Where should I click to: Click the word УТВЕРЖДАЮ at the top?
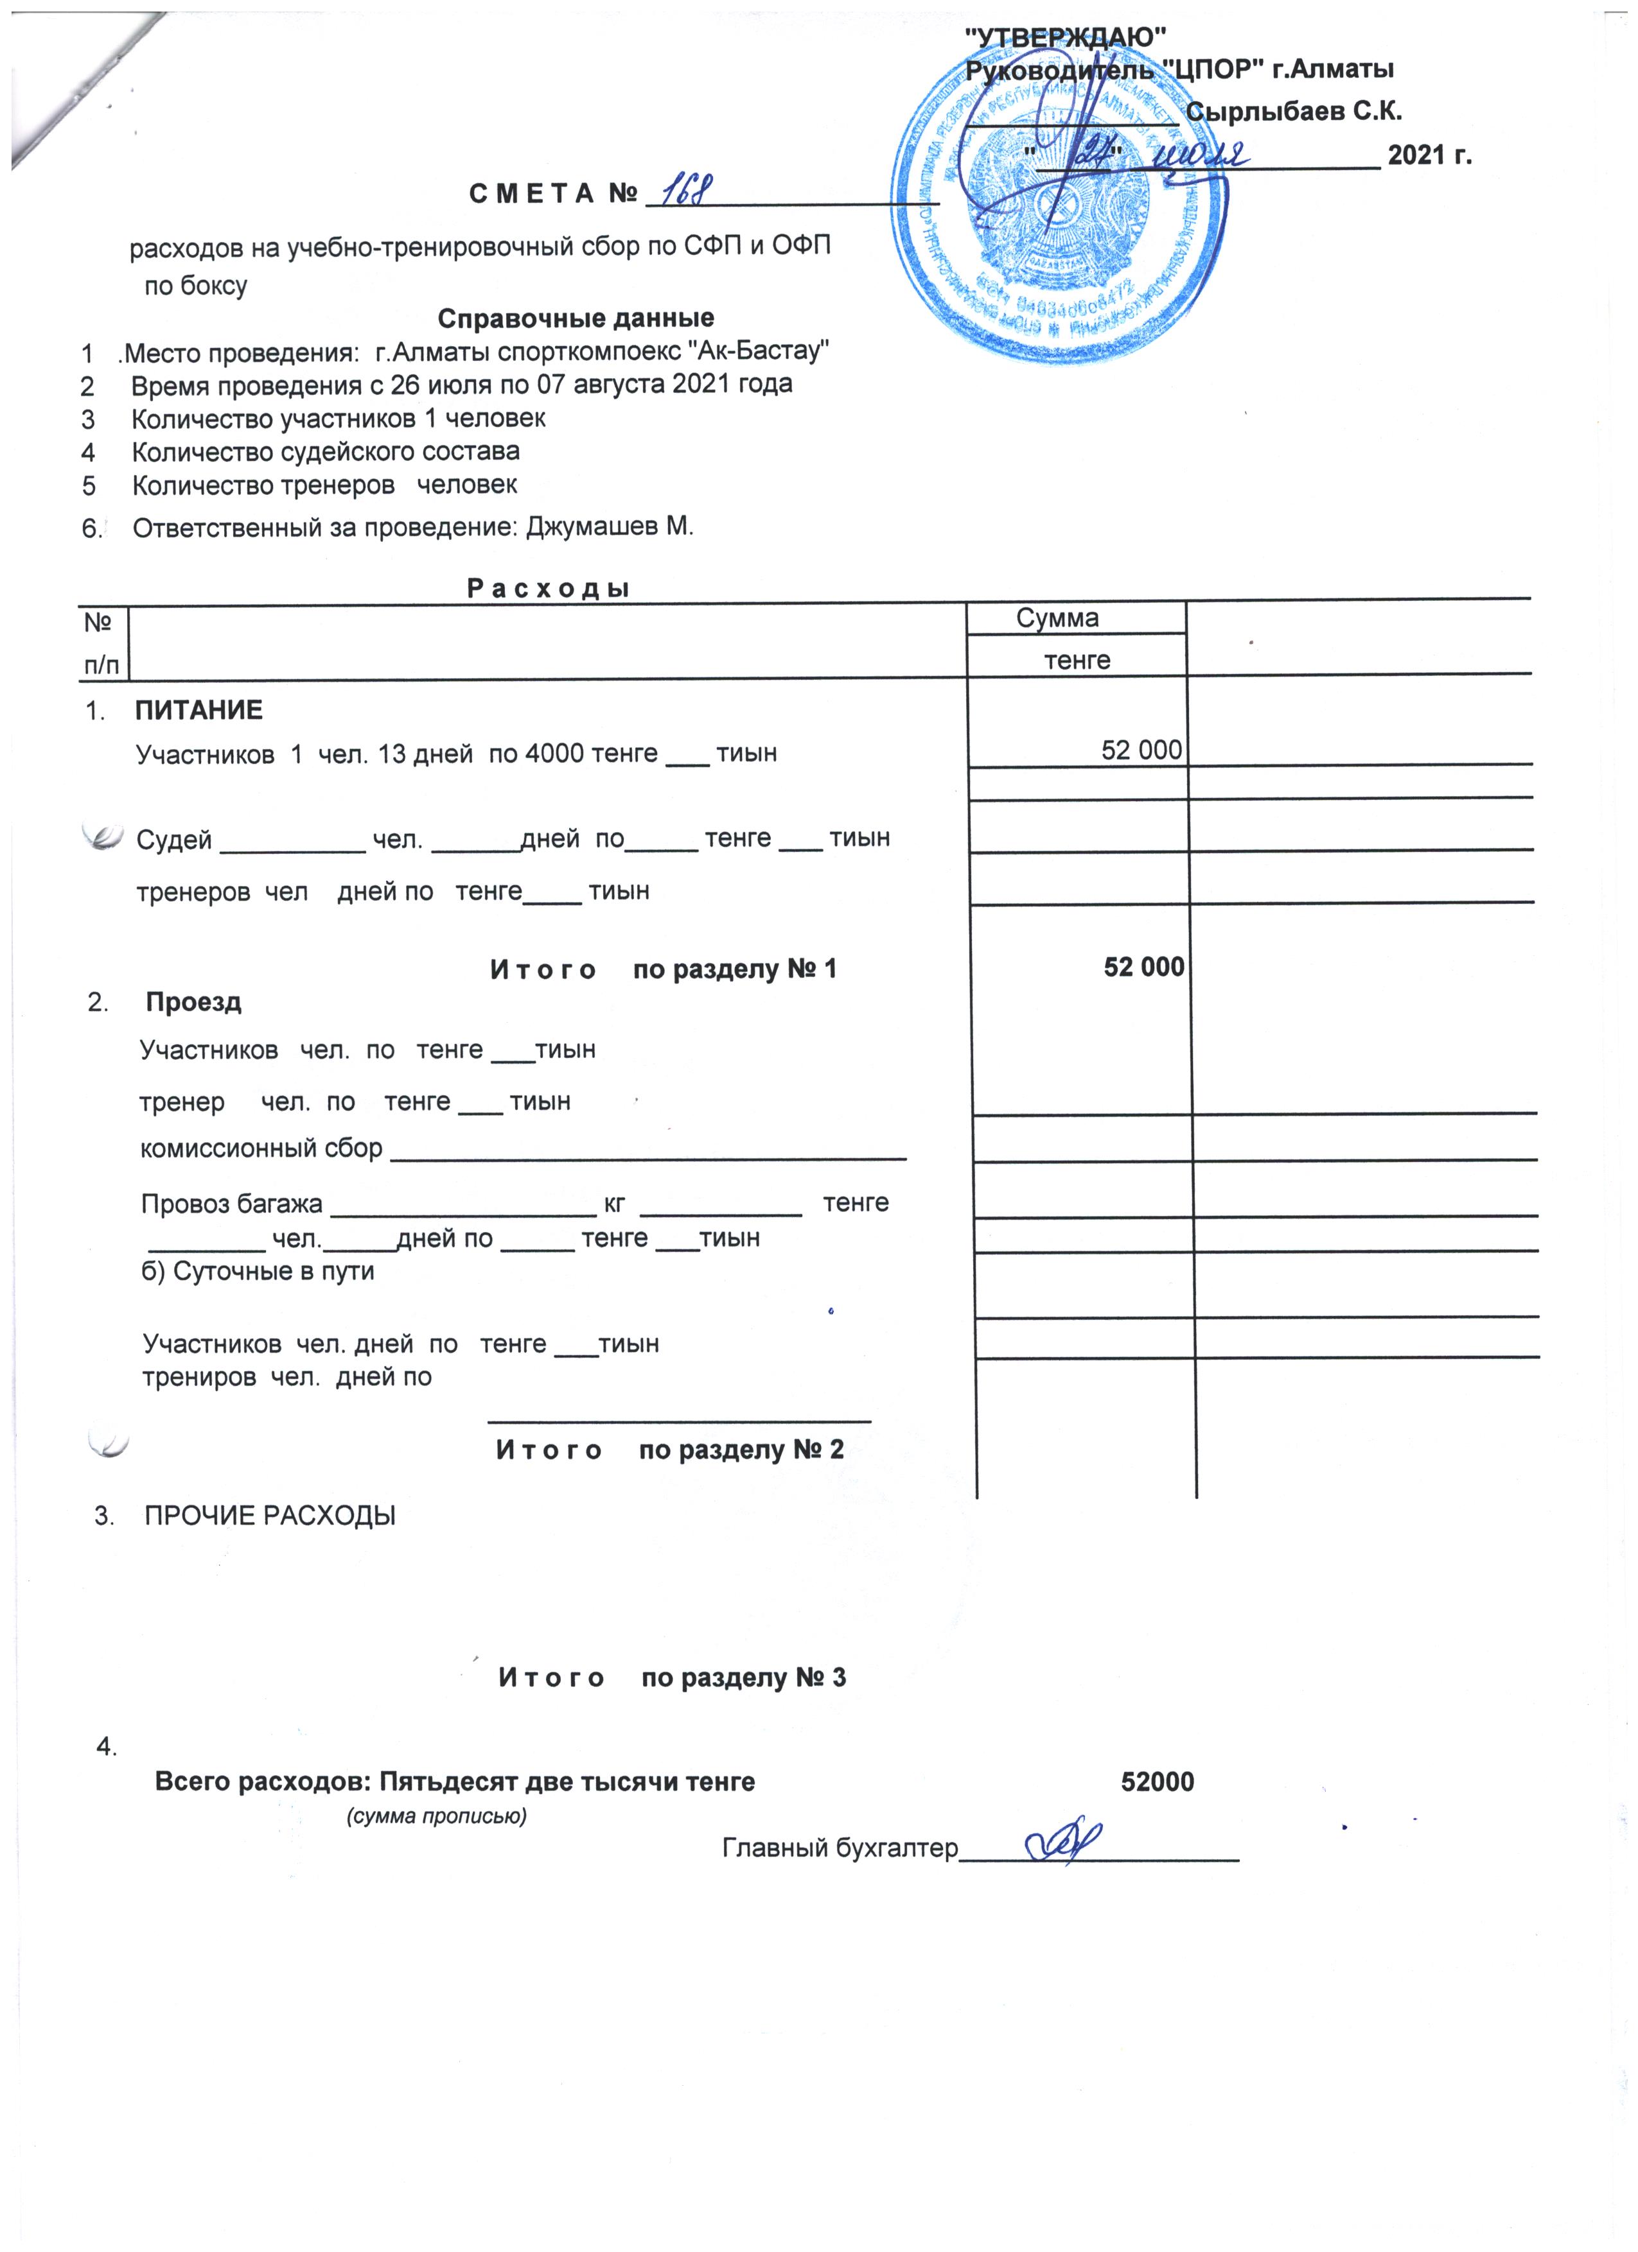(x=1065, y=38)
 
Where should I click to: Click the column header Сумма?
(x=1057, y=618)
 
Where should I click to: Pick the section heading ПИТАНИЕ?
(x=198, y=710)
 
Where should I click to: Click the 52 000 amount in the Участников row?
(x=1141, y=750)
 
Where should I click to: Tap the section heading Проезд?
(x=194, y=1002)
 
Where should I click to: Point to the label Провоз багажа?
(x=231, y=1204)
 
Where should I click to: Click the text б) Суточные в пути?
(x=258, y=1272)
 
